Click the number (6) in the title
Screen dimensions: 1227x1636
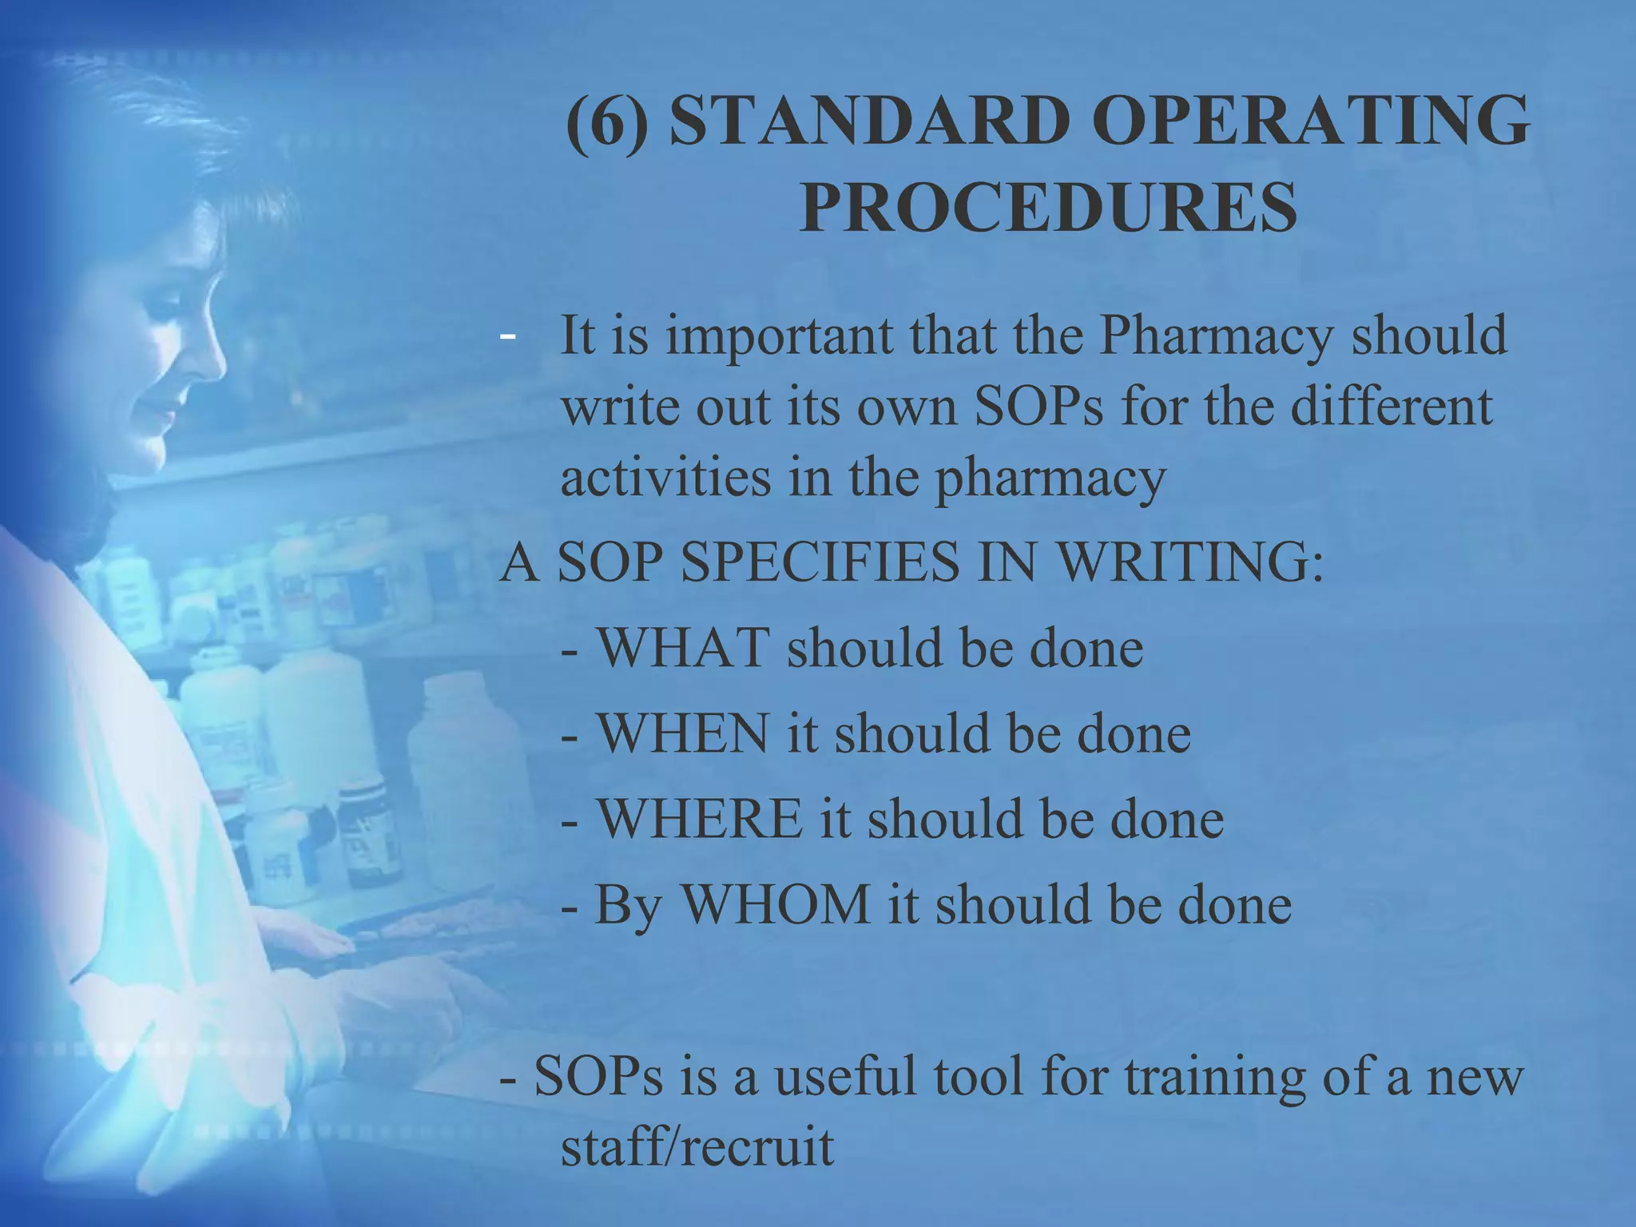point(607,121)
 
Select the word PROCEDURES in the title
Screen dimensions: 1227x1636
point(1048,207)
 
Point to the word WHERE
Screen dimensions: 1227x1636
point(700,819)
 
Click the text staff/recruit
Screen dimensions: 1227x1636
point(697,1148)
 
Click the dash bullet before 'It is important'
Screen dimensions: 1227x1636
point(506,336)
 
